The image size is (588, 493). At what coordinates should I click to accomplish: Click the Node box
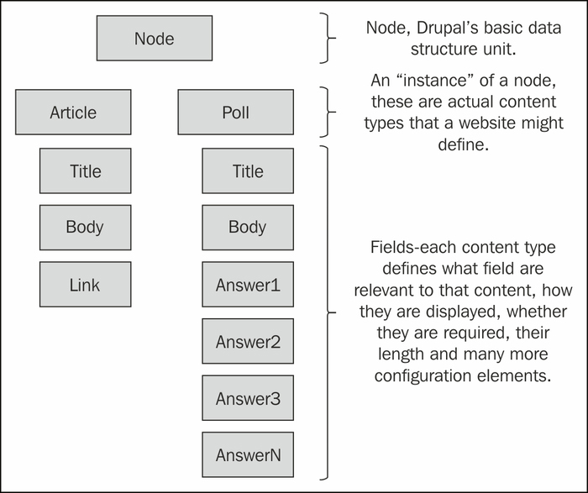155,39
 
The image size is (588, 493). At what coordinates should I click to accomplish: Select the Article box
73,112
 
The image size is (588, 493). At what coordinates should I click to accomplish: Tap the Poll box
235,112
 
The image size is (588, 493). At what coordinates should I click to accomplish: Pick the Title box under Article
86,171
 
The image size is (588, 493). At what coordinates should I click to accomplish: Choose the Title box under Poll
248,171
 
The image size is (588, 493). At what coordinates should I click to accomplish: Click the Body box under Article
86,228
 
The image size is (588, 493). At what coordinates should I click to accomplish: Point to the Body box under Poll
248,228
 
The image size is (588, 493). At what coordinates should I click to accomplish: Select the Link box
86,285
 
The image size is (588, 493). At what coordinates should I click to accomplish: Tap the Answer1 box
248,285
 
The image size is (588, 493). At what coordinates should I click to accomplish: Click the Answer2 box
248,341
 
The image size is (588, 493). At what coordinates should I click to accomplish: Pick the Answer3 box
248,398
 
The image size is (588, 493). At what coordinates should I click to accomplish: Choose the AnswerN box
248,454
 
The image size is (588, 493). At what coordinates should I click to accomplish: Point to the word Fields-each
414,248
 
